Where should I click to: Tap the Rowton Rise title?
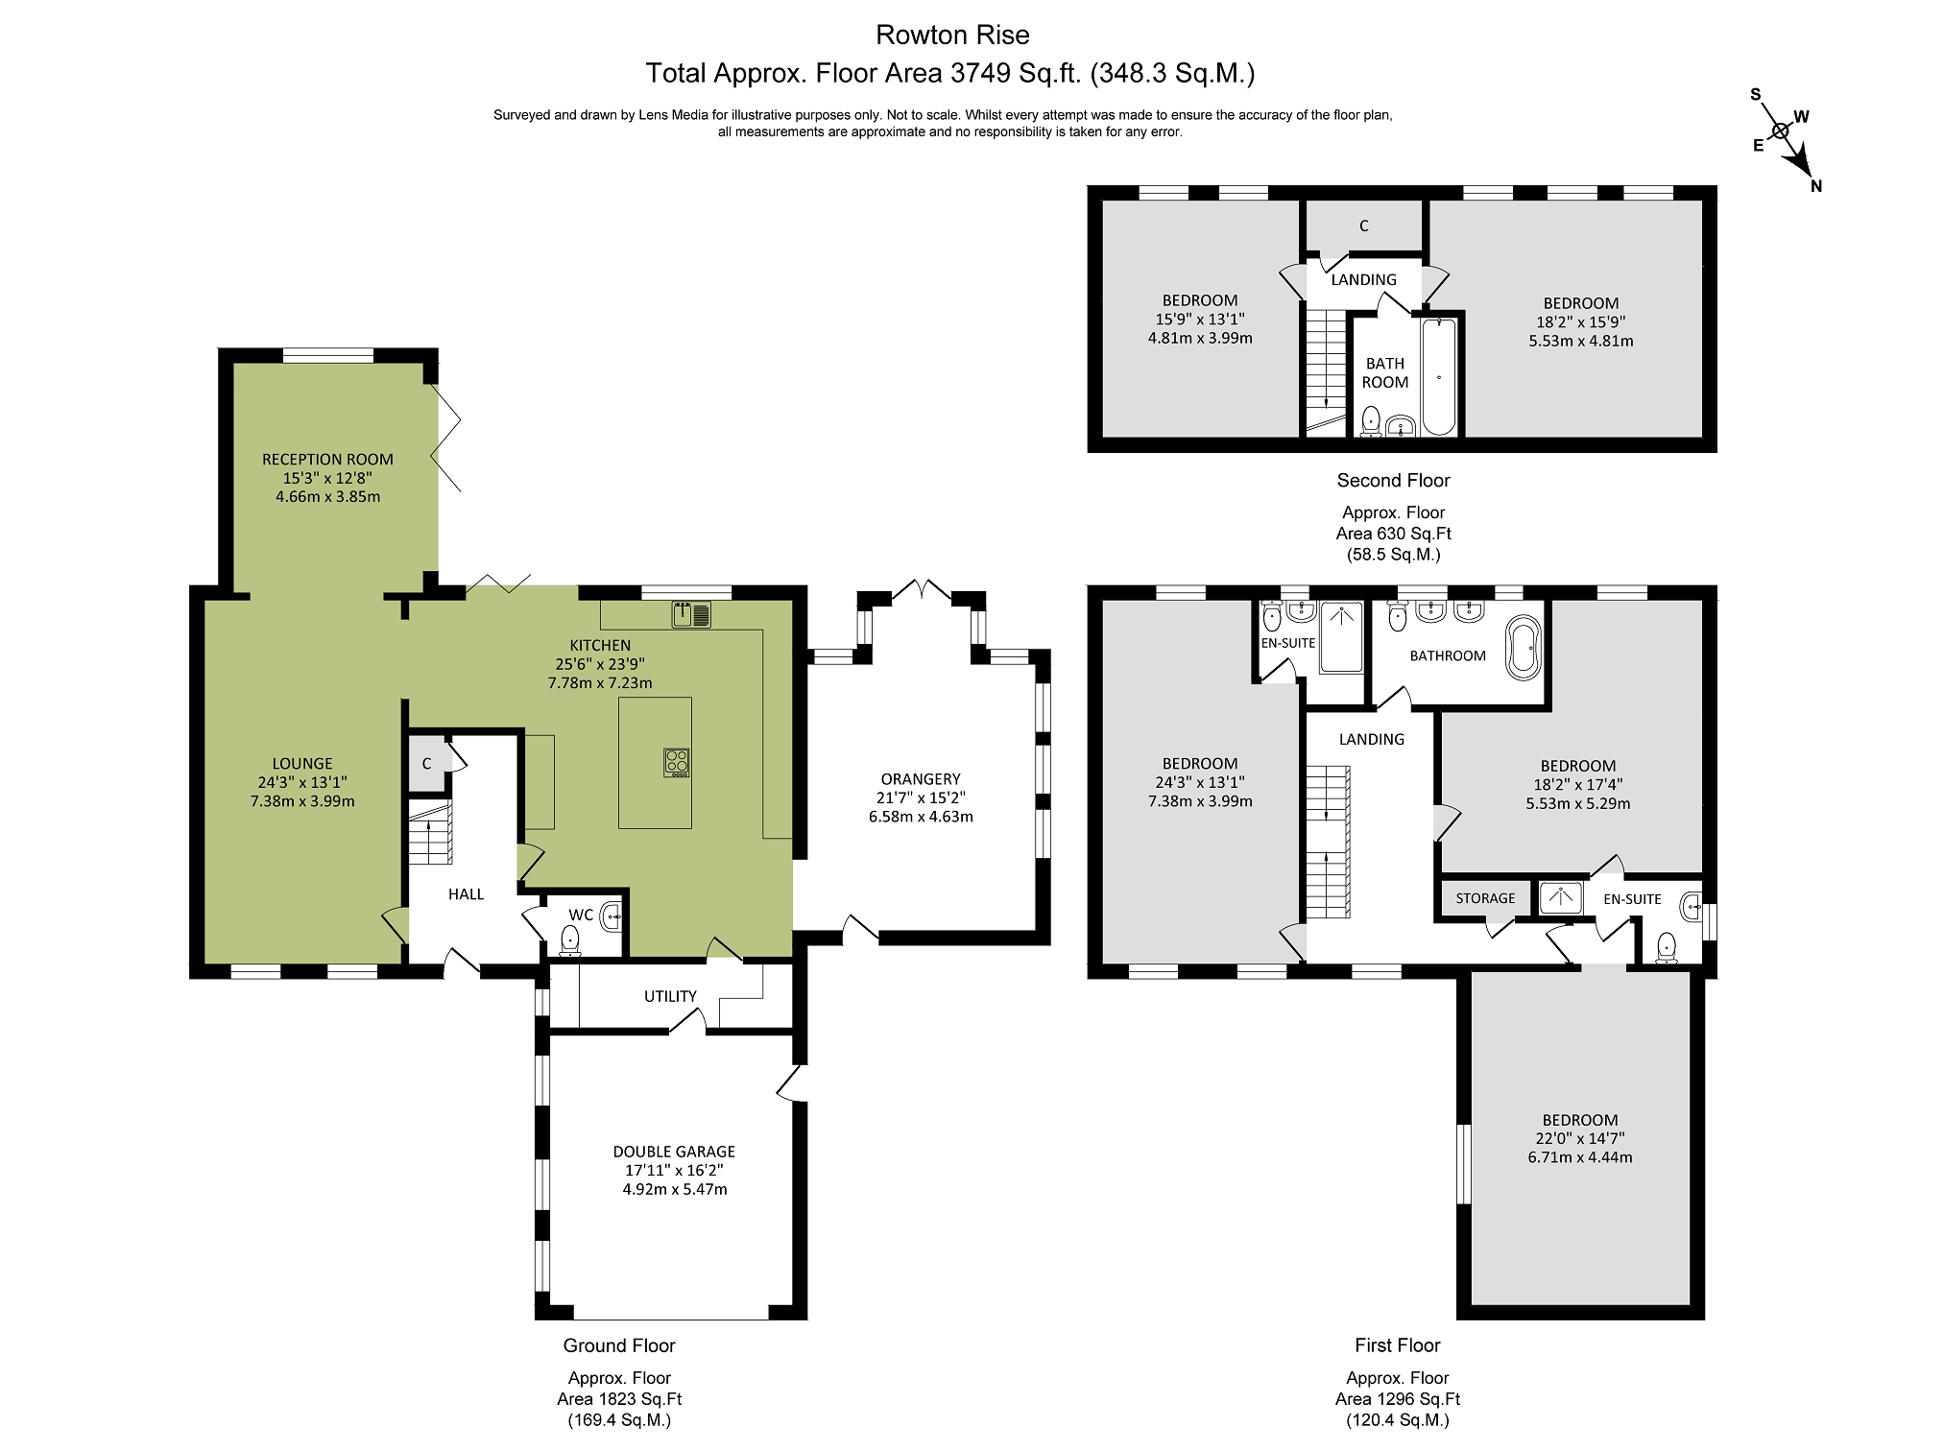point(952,36)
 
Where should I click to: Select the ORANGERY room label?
point(921,779)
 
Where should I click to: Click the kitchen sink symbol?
point(691,613)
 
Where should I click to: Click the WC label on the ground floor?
point(581,915)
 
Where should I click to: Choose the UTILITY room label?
point(670,996)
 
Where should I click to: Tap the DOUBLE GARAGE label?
point(674,1152)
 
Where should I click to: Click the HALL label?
point(466,894)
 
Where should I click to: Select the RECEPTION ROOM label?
point(327,460)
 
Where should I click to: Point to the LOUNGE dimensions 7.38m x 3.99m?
point(302,801)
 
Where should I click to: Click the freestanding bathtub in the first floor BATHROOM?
point(1524,648)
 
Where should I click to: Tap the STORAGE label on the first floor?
point(1485,898)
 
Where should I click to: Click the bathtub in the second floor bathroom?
point(1438,376)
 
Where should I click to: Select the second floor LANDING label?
point(1363,280)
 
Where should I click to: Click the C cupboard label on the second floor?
point(1363,226)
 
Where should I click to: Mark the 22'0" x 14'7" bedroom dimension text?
point(1580,1139)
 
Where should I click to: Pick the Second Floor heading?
point(1393,481)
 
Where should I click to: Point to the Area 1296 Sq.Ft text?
point(1398,1399)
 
